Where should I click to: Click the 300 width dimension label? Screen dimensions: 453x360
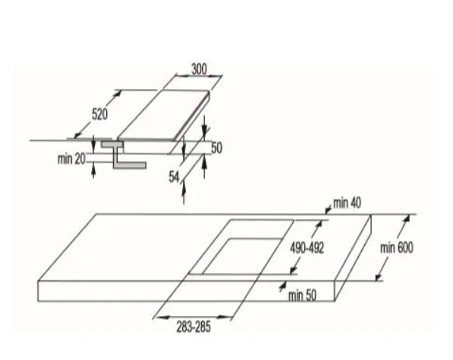pyautogui.click(x=199, y=69)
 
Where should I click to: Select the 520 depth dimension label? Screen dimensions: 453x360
pyautogui.click(x=99, y=114)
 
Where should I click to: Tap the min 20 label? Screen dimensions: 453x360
pyautogui.click(x=71, y=159)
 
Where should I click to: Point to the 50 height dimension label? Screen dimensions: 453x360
pyautogui.click(x=217, y=148)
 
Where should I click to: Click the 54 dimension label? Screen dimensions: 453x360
pyautogui.click(x=174, y=177)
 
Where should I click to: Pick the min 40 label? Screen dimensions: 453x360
pyautogui.click(x=347, y=204)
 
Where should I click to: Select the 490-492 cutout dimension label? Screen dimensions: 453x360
pyautogui.click(x=307, y=248)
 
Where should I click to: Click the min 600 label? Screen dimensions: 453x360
pyautogui.click(x=396, y=248)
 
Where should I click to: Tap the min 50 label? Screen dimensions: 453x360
pyautogui.click(x=302, y=295)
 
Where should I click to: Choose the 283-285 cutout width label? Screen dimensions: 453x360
pyautogui.click(x=193, y=327)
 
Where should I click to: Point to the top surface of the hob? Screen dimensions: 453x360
pyautogui.click(x=163, y=115)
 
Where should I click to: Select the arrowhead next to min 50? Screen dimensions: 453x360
pyautogui.click(x=282, y=287)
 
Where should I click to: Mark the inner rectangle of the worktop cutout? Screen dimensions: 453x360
pyautogui.click(x=242, y=256)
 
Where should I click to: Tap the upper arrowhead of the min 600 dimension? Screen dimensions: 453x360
pyautogui.click(x=407, y=218)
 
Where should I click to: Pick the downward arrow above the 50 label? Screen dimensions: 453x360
pyautogui.click(x=205, y=126)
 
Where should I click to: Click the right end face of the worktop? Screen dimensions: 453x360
pyautogui.click(x=353, y=258)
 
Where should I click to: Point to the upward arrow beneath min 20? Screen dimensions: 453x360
pyautogui.click(x=93, y=170)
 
